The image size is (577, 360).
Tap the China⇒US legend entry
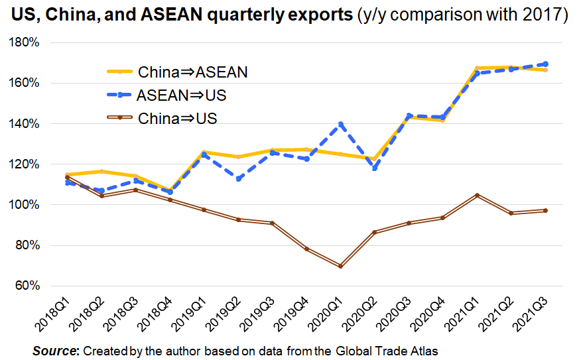pos(178,119)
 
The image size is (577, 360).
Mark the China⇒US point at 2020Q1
pos(341,266)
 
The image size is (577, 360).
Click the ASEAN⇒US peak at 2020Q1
pos(341,124)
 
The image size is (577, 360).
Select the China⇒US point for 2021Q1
pos(476,195)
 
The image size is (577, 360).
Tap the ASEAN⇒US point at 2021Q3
pos(544,64)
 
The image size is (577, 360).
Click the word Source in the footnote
pos(55,350)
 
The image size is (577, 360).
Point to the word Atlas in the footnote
pos(425,350)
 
